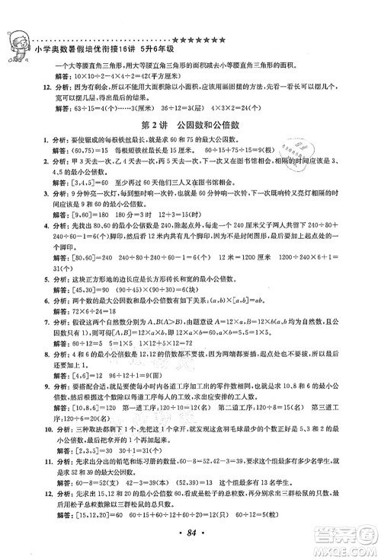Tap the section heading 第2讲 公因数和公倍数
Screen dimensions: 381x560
pos(190,124)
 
